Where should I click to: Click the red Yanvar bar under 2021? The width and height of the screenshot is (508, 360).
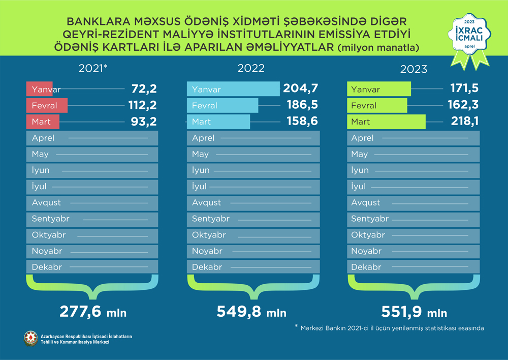[x=40, y=89]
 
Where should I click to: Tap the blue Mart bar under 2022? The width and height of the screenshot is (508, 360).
[x=219, y=122]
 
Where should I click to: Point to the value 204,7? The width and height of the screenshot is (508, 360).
[x=301, y=89]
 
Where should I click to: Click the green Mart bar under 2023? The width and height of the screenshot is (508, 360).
[x=387, y=122]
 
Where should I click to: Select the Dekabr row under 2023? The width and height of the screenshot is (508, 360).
[x=413, y=267]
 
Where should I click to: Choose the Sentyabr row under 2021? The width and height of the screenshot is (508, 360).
[x=92, y=219]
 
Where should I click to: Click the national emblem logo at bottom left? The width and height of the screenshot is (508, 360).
[x=30, y=339]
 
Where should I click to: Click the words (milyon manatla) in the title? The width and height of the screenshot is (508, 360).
[x=378, y=48]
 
